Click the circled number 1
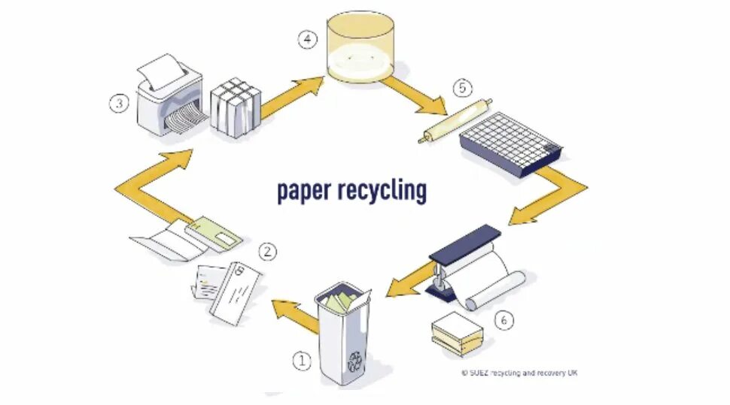[301, 362]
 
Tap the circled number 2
[268, 252]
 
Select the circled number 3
[118, 104]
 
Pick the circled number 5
[461, 89]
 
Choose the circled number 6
[505, 320]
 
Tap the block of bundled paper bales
[236, 110]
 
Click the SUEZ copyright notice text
[519, 373]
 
